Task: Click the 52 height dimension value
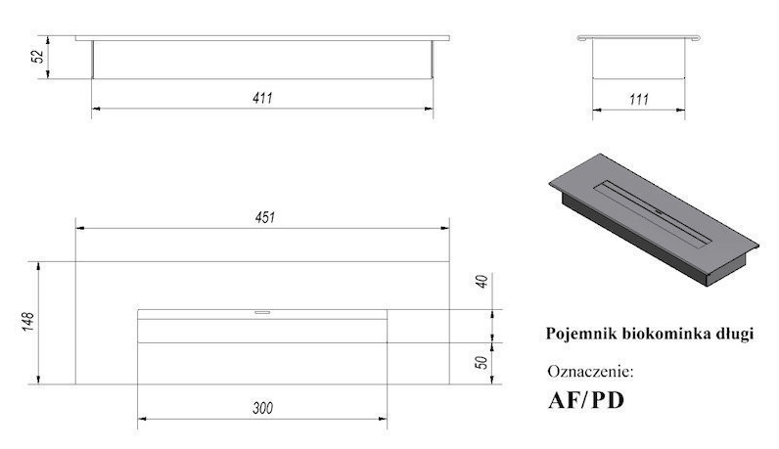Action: pos(38,55)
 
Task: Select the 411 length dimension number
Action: pos(263,98)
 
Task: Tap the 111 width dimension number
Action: pos(639,100)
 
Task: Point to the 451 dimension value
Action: pos(265,217)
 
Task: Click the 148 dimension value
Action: pos(28,322)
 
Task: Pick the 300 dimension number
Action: pos(263,408)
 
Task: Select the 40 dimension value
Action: pos(481,281)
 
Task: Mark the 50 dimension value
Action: pos(481,362)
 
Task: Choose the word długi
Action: pos(736,335)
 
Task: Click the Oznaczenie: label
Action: pos(591,371)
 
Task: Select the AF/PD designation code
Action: pos(586,400)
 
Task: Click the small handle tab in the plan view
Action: pos(262,312)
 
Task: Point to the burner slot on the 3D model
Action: pos(652,211)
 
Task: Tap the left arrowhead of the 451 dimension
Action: pos(79,228)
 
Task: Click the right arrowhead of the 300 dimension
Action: pos(383,420)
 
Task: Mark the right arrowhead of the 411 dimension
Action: pos(429,109)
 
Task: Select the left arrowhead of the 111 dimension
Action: pos(597,110)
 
